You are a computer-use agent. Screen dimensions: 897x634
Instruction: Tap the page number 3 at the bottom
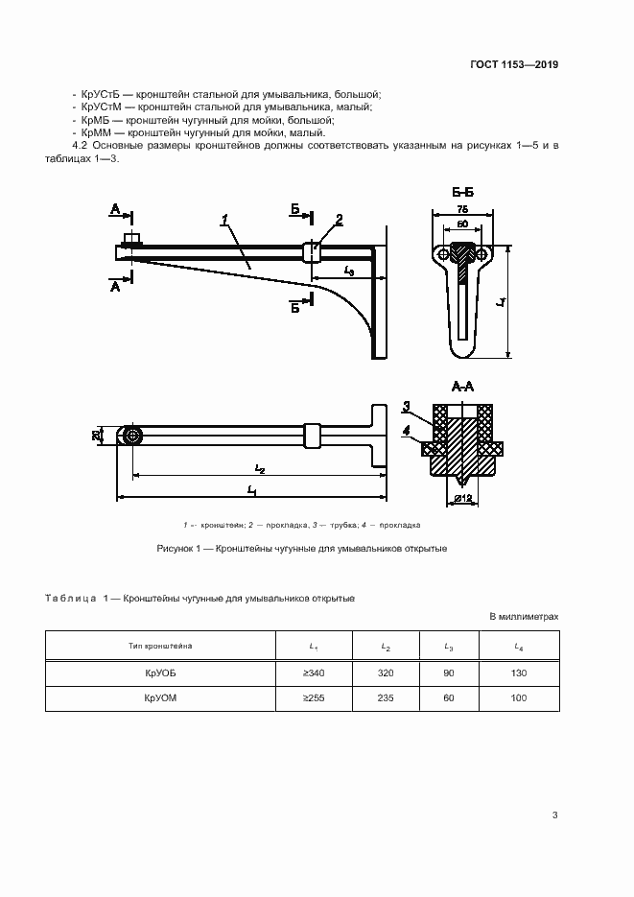pos(555,815)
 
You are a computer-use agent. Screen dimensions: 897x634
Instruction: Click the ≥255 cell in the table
pos(314,698)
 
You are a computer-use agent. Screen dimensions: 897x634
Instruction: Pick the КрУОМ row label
pos(160,698)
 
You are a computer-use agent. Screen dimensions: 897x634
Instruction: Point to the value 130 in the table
pos(519,673)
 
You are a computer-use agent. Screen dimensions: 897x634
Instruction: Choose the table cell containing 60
pos(448,698)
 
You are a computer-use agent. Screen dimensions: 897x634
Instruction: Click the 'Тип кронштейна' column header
pos(160,648)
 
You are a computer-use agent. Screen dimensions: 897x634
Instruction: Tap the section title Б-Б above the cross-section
pos(463,193)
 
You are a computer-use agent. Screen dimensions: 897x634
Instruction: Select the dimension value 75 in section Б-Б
pos(463,208)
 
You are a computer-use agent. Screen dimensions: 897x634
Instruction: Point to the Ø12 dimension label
pos(463,498)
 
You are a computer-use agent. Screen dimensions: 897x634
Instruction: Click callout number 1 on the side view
pos(223,222)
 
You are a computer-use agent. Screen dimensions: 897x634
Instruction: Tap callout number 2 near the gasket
pos(339,220)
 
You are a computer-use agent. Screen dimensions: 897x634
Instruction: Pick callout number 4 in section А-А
pos(407,430)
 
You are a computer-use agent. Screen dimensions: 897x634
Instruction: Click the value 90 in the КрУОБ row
pos(448,673)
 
